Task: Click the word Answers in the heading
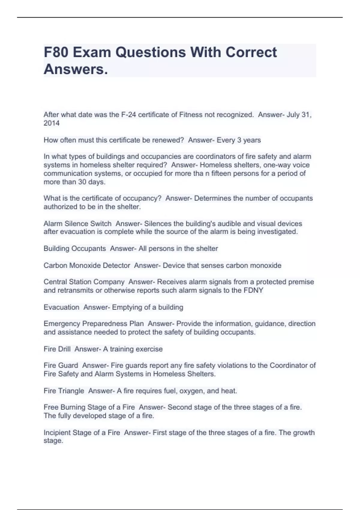pyautogui.click(x=75, y=69)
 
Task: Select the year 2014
pyautogui.click(x=52, y=123)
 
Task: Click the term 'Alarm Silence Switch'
pyautogui.click(x=77, y=224)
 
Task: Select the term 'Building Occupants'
pyautogui.click(x=75, y=249)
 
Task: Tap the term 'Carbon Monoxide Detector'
pyautogui.click(x=87, y=265)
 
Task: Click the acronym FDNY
pyautogui.click(x=253, y=290)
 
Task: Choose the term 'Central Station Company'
pyautogui.click(x=84, y=282)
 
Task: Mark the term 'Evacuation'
pyautogui.click(x=61, y=307)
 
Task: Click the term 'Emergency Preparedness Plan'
pyautogui.click(x=94, y=324)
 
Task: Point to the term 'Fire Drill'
pyautogui.click(x=57, y=349)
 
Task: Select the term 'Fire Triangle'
pyautogui.click(x=64, y=391)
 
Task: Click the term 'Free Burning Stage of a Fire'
pyautogui.click(x=89, y=407)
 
